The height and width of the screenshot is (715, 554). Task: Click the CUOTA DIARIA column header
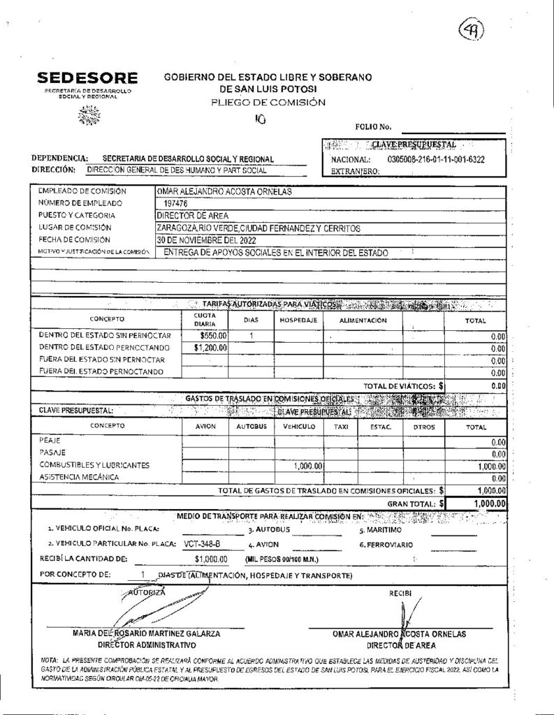coord(205,319)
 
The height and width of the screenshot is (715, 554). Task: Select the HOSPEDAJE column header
coord(299,319)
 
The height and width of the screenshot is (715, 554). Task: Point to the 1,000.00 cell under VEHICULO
coord(307,466)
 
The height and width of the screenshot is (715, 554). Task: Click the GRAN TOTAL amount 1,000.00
coord(488,503)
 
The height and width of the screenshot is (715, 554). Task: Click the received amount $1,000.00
coord(212,559)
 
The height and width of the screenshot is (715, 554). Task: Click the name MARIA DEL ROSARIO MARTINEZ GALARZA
coord(147,633)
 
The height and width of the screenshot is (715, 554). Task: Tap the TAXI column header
coord(340,425)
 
